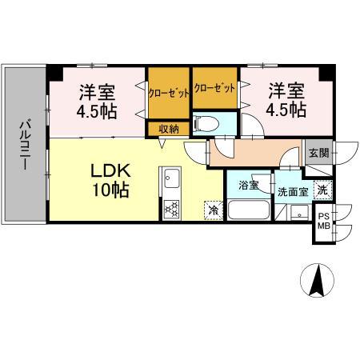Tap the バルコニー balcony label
coord(24,144)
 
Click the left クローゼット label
coord(169,92)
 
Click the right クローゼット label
coord(214,88)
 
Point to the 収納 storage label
coord(168,128)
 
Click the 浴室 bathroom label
coord(248,186)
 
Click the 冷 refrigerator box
coord(214,210)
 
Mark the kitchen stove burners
coord(171,208)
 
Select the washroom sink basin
coord(298,212)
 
